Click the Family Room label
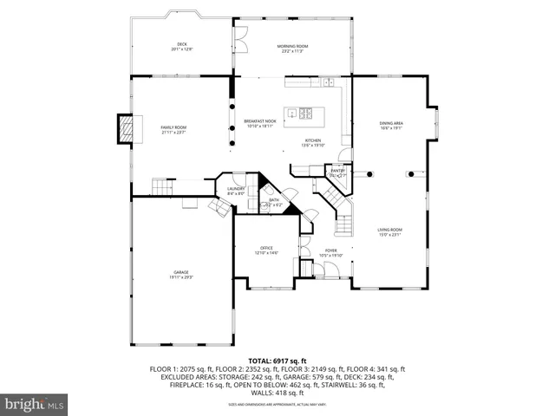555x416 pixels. pyautogui.click(x=173, y=130)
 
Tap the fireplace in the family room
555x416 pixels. pyautogui.click(x=128, y=129)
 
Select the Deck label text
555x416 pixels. pyautogui.click(x=182, y=47)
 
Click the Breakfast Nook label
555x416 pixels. pyautogui.click(x=261, y=124)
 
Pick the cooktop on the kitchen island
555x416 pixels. pyautogui.click(x=305, y=112)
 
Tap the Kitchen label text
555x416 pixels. pyautogui.click(x=312, y=143)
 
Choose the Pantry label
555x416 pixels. pyautogui.click(x=339, y=172)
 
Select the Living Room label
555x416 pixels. pyautogui.click(x=389, y=232)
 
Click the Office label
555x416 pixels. pyautogui.click(x=266, y=250)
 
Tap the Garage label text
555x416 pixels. pyautogui.click(x=181, y=275)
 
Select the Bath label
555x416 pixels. pyautogui.click(x=273, y=202)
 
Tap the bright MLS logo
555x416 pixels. pyautogui.click(x=34, y=404)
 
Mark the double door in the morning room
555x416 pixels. pyautogui.click(x=242, y=38)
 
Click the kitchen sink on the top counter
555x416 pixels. pyautogui.click(x=330, y=83)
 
